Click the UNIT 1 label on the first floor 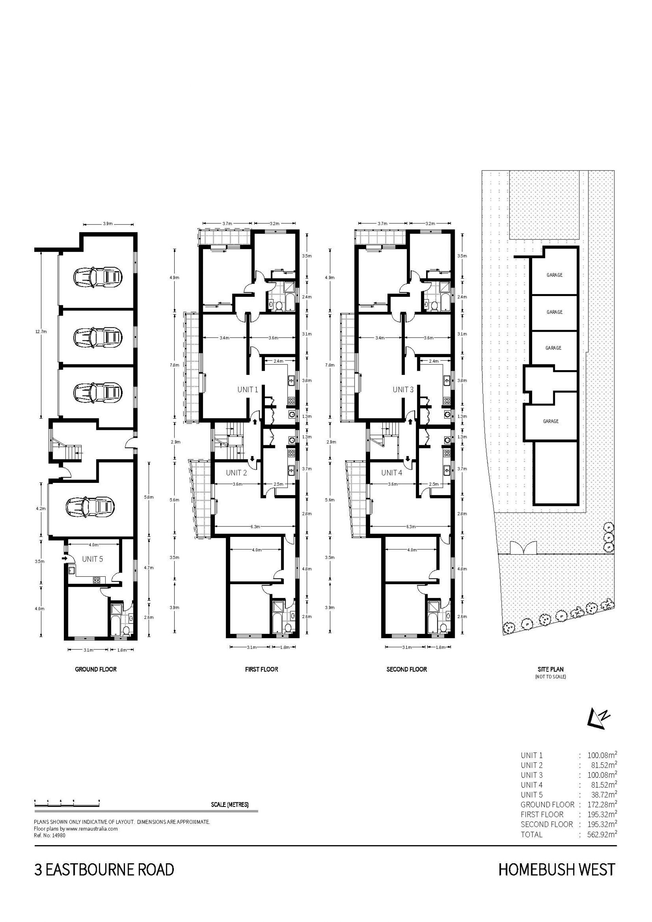coord(248,389)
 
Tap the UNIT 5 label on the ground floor coord(92,559)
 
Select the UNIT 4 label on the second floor coord(392,473)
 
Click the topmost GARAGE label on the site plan coord(555,275)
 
